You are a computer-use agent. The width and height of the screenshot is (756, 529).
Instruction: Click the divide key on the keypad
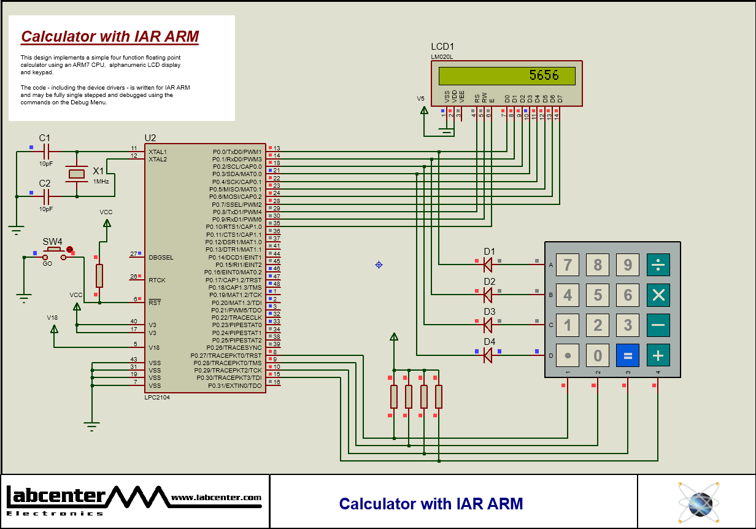pyautogui.click(x=658, y=264)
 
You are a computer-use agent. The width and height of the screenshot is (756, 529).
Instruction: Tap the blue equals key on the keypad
pyautogui.click(x=628, y=355)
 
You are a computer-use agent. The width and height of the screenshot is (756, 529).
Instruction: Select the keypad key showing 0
pyautogui.click(x=598, y=355)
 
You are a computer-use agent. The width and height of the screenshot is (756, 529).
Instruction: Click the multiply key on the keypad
pyautogui.click(x=658, y=295)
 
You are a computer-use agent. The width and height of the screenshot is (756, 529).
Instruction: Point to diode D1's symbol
pyautogui.click(x=488, y=264)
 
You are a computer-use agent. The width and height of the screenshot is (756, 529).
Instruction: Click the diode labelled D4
pyautogui.click(x=488, y=355)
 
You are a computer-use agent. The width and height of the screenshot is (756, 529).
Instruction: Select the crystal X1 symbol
pyautogui.click(x=77, y=174)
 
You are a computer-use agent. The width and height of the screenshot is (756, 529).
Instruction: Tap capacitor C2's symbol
pyautogui.click(x=45, y=196)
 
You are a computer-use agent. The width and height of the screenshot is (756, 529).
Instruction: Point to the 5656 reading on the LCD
pyautogui.click(x=544, y=75)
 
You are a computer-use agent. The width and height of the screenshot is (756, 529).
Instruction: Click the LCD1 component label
pyautogui.click(x=442, y=47)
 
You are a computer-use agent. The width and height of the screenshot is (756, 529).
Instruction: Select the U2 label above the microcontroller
pyautogui.click(x=150, y=137)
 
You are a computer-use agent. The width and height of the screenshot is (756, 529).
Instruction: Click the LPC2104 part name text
pyautogui.click(x=157, y=398)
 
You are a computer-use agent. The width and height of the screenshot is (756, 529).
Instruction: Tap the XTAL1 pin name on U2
pyautogui.click(x=157, y=152)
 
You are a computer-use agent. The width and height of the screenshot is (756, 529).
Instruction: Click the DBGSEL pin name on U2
pyautogui.click(x=161, y=257)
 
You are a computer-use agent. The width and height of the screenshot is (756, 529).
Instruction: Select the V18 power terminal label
pyautogui.click(x=53, y=317)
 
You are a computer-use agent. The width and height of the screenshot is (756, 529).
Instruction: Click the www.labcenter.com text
pyautogui.click(x=216, y=498)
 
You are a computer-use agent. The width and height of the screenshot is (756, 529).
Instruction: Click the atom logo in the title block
pyautogui.click(x=698, y=501)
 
